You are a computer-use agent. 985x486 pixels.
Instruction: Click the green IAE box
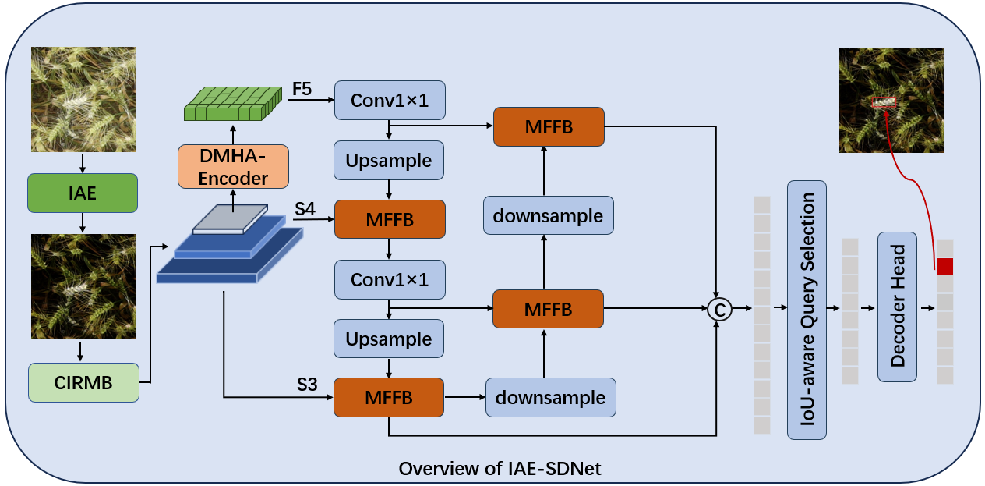coord(82,193)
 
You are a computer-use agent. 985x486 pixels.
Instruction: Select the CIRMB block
coord(83,382)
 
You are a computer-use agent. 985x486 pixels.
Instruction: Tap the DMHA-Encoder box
coord(233,167)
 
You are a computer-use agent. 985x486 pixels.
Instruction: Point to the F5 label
coord(302,89)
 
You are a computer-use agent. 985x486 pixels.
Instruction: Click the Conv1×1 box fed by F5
coord(389,100)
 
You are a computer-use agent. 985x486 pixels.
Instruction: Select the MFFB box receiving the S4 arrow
coord(389,219)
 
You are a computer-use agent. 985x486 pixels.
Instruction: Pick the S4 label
coord(305,209)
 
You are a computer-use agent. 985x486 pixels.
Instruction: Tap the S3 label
coord(306,385)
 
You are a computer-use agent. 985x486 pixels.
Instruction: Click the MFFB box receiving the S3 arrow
coord(388,397)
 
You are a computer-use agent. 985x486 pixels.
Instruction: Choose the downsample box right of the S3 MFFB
coord(550,397)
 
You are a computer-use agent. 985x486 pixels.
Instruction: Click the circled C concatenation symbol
coord(719,310)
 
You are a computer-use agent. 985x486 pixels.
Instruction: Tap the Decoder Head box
coord(897,307)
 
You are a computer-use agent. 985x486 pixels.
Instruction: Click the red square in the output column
coord(944,266)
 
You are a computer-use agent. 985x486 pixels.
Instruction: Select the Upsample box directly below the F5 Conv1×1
coord(388,160)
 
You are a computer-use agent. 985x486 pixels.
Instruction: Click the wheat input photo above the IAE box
coord(83,99)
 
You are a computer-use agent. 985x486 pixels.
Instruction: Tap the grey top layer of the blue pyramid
coord(230,219)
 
